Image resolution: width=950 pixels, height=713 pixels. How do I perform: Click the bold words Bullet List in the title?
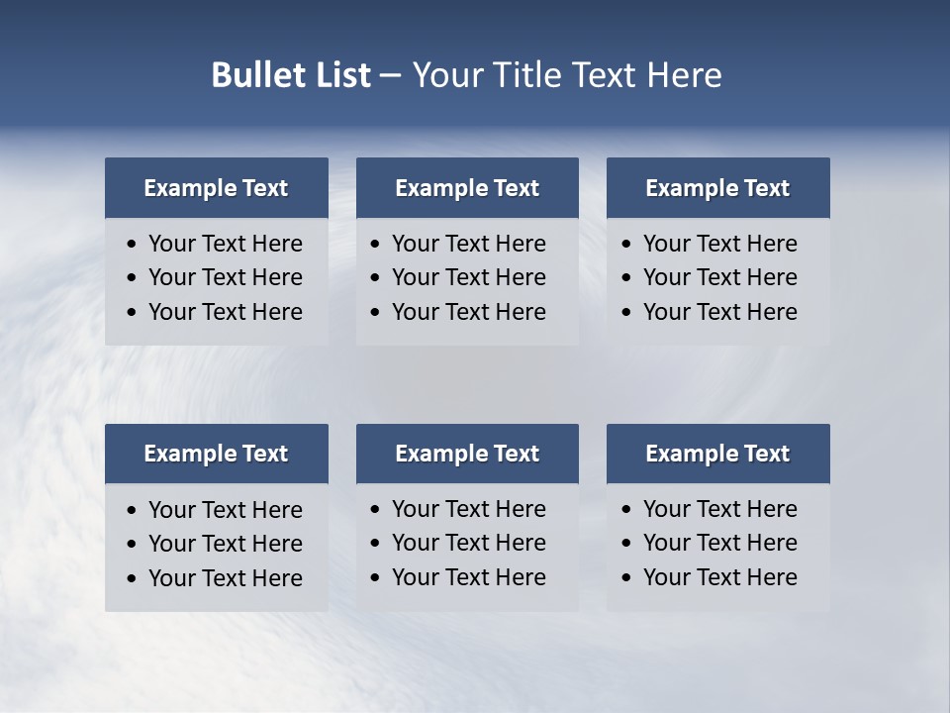(291, 75)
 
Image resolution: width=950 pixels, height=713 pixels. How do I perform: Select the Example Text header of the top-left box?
(216, 188)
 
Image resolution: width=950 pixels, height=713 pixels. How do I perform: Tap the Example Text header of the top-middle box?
(467, 188)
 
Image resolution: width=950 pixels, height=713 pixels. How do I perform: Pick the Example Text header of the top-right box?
(717, 188)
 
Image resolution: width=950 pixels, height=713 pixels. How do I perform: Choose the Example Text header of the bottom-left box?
(216, 454)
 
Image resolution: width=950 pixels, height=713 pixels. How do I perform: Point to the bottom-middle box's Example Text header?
(467, 454)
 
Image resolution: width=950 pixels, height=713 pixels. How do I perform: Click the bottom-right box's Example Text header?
(717, 454)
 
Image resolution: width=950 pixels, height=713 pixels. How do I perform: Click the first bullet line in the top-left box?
(226, 244)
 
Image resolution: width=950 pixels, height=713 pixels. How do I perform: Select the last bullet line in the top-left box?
(226, 312)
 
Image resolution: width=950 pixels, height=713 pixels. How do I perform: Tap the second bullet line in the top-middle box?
(469, 277)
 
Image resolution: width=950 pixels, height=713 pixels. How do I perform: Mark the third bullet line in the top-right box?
(720, 312)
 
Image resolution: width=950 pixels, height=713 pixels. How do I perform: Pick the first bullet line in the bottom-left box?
(226, 510)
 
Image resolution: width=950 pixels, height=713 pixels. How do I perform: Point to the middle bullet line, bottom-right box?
(720, 543)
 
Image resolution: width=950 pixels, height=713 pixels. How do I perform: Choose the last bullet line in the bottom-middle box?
(469, 577)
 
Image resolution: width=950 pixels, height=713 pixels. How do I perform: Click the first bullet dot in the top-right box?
(626, 245)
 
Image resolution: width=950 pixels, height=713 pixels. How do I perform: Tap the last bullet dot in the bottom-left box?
(132, 579)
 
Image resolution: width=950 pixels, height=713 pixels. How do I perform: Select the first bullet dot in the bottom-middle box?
(375, 510)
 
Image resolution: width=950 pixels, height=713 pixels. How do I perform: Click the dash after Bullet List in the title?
(391, 76)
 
